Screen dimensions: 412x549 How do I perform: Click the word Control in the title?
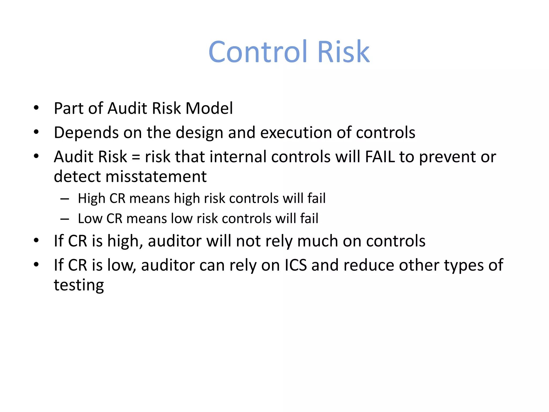pyautogui.click(x=258, y=51)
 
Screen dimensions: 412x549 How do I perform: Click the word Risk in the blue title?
pyautogui.click(x=343, y=51)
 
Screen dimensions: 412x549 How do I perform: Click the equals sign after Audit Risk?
pyautogui.click(x=136, y=157)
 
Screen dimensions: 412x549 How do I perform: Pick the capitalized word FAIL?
pyautogui.click(x=380, y=157)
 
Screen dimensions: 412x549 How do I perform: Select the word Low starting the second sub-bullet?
pyautogui.click(x=90, y=218)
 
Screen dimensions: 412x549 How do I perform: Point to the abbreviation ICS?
pyautogui.click(x=295, y=265)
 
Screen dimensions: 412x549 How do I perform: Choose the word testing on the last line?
pyautogui.click(x=79, y=285)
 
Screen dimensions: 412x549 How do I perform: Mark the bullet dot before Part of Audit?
pyautogui.click(x=36, y=108)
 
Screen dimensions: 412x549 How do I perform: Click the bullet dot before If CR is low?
pyautogui.click(x=36, y=265)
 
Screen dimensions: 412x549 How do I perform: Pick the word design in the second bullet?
pyautogui.click(x=199, y=133)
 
